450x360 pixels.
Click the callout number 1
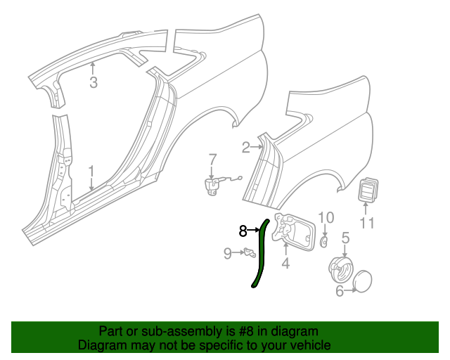click(x=91, y=171)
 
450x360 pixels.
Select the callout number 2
click(x=246, y=147)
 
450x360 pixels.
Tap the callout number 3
click(x=94, y=84)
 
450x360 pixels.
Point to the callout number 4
click(x=285, y=264)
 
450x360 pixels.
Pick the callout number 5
click(x=345, y=238)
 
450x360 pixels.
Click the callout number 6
click(x=340, y=290)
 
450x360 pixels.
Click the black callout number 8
click(x=243, y=231)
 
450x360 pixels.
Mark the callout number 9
click(x=227, y=253)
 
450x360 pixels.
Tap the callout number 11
click(x=367, y=224)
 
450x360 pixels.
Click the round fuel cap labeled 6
click(x=363, y=281)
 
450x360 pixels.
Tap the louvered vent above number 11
click(x=368, y=190)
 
